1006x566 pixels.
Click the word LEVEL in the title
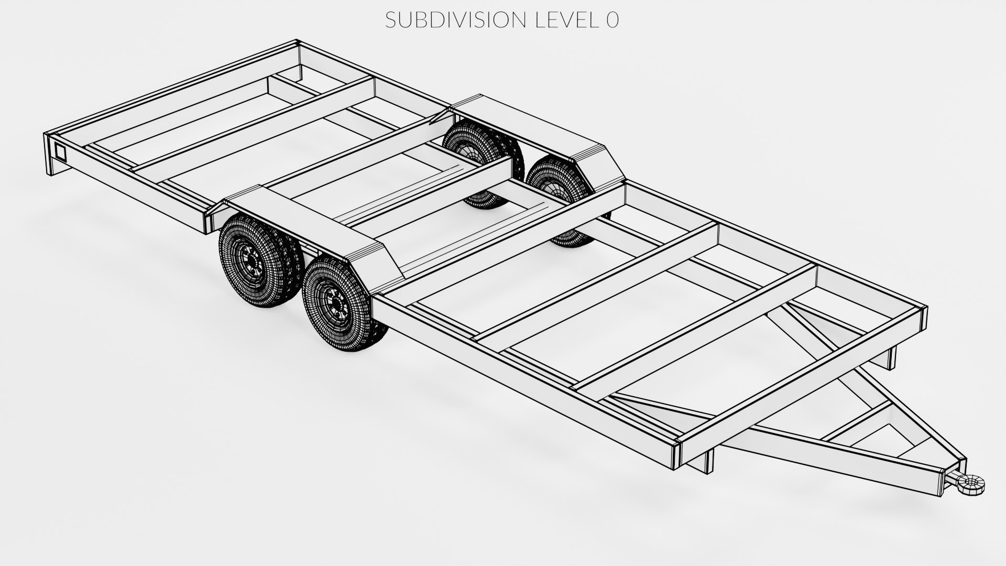coord(564,20)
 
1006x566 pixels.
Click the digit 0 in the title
coord(612,20)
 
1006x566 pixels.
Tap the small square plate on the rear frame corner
coord(60,152)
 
